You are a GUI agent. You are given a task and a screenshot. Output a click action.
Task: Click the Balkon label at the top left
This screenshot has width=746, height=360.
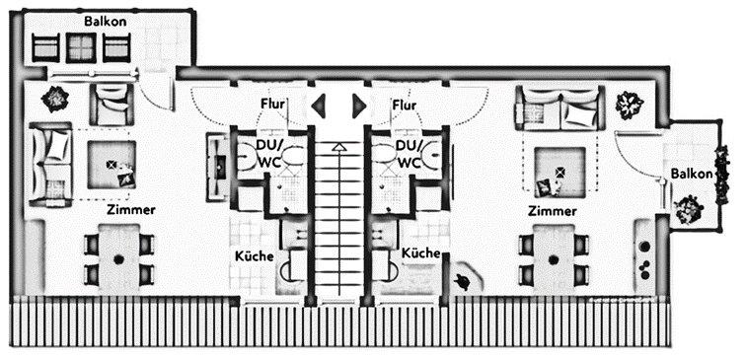point(104,20)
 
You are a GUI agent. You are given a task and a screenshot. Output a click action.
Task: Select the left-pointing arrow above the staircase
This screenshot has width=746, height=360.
point(319,105)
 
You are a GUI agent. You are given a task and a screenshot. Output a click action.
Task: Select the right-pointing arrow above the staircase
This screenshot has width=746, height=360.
point(359,105)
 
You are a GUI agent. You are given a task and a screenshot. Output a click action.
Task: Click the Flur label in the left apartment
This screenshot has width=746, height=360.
point(273,104)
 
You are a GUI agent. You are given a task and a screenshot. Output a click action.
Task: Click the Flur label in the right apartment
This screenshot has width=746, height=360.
point(404,104)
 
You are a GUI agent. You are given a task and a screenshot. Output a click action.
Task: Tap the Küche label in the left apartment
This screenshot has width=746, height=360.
point(253,255)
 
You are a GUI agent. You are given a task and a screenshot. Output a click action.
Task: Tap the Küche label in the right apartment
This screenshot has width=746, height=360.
point(421,253)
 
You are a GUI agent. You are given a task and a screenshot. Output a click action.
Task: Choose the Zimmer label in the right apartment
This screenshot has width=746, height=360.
point(552,211)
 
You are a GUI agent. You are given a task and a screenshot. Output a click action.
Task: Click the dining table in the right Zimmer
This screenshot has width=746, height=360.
point(552,257)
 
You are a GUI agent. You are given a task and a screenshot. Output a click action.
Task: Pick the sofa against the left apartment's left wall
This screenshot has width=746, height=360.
point(50,163)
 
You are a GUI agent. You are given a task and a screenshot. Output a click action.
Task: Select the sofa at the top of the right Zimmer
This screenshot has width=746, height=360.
point(559,108)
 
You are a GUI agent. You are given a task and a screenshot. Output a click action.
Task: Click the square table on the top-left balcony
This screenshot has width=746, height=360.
point(81,45)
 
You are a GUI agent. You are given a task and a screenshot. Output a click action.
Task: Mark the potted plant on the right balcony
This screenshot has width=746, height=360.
point(687,209)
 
